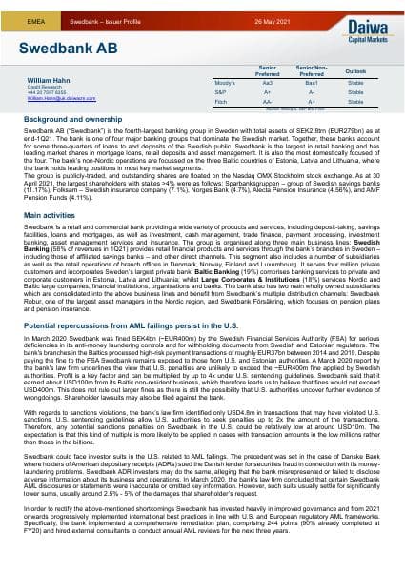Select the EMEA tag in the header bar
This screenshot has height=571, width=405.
[x=32, y=9]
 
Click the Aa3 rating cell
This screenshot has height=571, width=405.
[x=268, y=83]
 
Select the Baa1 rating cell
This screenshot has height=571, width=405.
[x=311, y=83]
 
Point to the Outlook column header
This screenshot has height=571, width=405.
[x=354, y=71]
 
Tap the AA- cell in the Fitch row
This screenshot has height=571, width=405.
[x=268, y=100]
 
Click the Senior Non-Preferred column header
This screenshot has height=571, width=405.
[x=311, y=71]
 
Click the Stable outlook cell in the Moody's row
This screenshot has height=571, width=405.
[x=354, y=83]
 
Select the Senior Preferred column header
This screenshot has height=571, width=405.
[x=268, y=71]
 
